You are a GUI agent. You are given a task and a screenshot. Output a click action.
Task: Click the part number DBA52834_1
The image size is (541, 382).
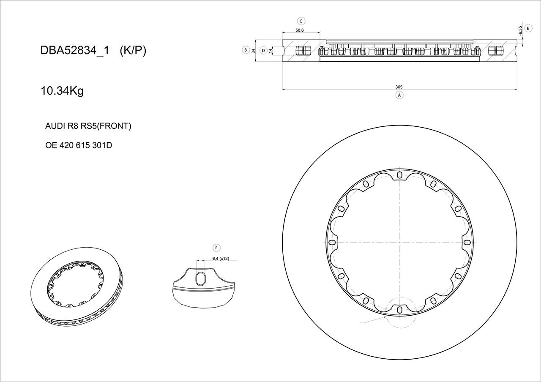pos(75,51)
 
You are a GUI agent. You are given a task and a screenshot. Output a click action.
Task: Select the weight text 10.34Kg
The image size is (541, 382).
pos(62,91)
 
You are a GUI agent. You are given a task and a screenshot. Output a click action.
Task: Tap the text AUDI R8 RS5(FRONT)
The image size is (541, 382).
pos(88,126)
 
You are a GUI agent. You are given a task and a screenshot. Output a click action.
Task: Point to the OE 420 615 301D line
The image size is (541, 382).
pos(79,145)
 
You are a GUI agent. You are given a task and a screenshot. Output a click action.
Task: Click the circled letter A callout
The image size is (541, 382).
pos(399,95)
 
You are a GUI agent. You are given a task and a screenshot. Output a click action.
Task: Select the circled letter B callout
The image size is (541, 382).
pos(246,50)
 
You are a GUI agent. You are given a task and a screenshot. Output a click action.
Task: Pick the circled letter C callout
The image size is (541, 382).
pos(301,21)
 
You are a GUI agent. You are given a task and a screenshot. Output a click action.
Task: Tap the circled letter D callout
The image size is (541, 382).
pos(263,50)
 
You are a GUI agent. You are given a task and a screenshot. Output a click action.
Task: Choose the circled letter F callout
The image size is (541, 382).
pos(216,248)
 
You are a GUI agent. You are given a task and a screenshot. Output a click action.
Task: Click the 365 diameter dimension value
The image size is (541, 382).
pos(399,87)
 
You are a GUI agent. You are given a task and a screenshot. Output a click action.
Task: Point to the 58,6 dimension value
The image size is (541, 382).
pos(300,30)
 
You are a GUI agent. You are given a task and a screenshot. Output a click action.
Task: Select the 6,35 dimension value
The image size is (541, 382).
pos(520,30)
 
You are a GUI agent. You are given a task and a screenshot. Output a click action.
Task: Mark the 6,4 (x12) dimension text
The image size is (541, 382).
pos(220,259)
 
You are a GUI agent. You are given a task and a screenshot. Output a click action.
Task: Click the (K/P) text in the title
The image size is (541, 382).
pos(133,51)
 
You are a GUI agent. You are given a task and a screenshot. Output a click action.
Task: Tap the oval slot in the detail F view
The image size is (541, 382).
pos(201,279)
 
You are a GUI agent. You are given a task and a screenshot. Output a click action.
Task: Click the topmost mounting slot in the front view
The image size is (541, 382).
pos(399,175)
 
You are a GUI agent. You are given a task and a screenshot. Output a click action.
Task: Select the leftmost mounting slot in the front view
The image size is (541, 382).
pos(332,243)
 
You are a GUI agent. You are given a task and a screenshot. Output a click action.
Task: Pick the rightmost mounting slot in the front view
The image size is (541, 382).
pos(466,243)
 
